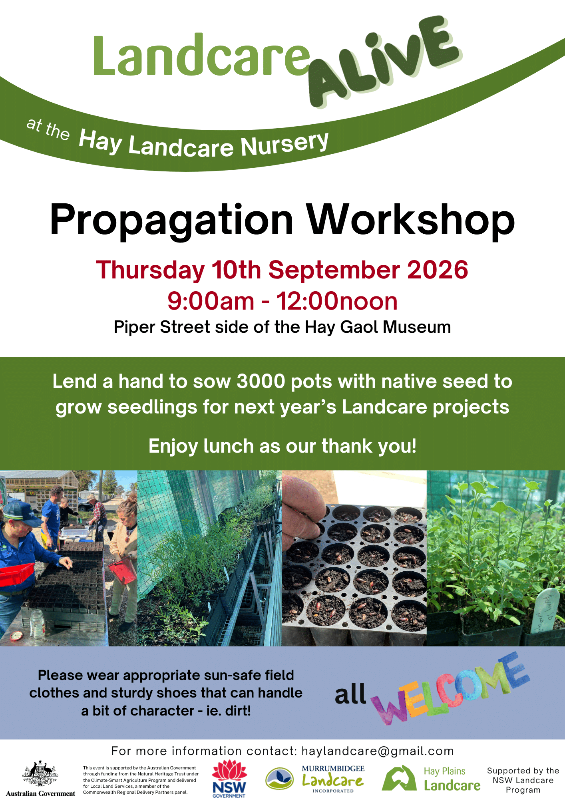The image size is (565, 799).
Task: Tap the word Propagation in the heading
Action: pyautogui.click(x=172, y=221)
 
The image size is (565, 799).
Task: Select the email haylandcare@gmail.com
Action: pyautogui.click(x=378, y=751)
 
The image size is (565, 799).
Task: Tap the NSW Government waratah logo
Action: pyautogui.click(x=229, y=779)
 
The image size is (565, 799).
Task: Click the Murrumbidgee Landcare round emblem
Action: pyautogui.click(x=280, y=779)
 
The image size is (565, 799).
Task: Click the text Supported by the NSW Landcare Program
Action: pyautogui.click(x=523, y=780)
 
